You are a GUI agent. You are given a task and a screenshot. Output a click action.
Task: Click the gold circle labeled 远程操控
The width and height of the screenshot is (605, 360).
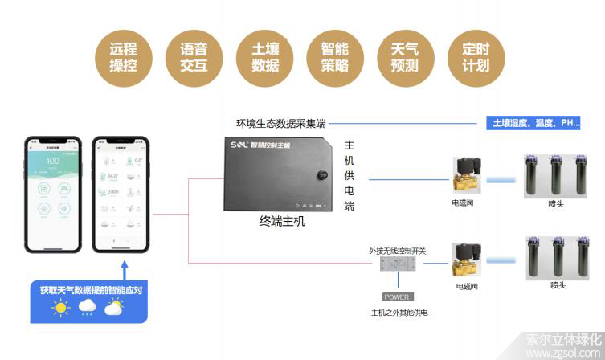pos(123,56)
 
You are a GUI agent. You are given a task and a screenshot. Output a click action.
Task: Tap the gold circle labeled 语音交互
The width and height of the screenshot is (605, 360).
pos(192,56)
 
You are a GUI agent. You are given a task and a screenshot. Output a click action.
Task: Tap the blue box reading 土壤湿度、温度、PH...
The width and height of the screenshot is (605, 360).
pos(535,123)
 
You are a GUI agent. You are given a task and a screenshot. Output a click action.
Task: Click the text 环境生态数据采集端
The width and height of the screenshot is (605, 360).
pos(280,123)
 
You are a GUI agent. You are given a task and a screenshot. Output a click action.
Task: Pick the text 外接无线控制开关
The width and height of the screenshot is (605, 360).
pos(398,251)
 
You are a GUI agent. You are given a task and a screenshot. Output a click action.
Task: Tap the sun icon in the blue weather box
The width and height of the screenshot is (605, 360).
pos(59,307)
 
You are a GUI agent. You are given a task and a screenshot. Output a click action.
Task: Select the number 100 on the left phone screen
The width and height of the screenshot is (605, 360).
pos(54,162)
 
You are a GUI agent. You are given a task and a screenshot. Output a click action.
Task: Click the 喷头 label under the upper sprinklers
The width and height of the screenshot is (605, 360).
pos(556,204)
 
